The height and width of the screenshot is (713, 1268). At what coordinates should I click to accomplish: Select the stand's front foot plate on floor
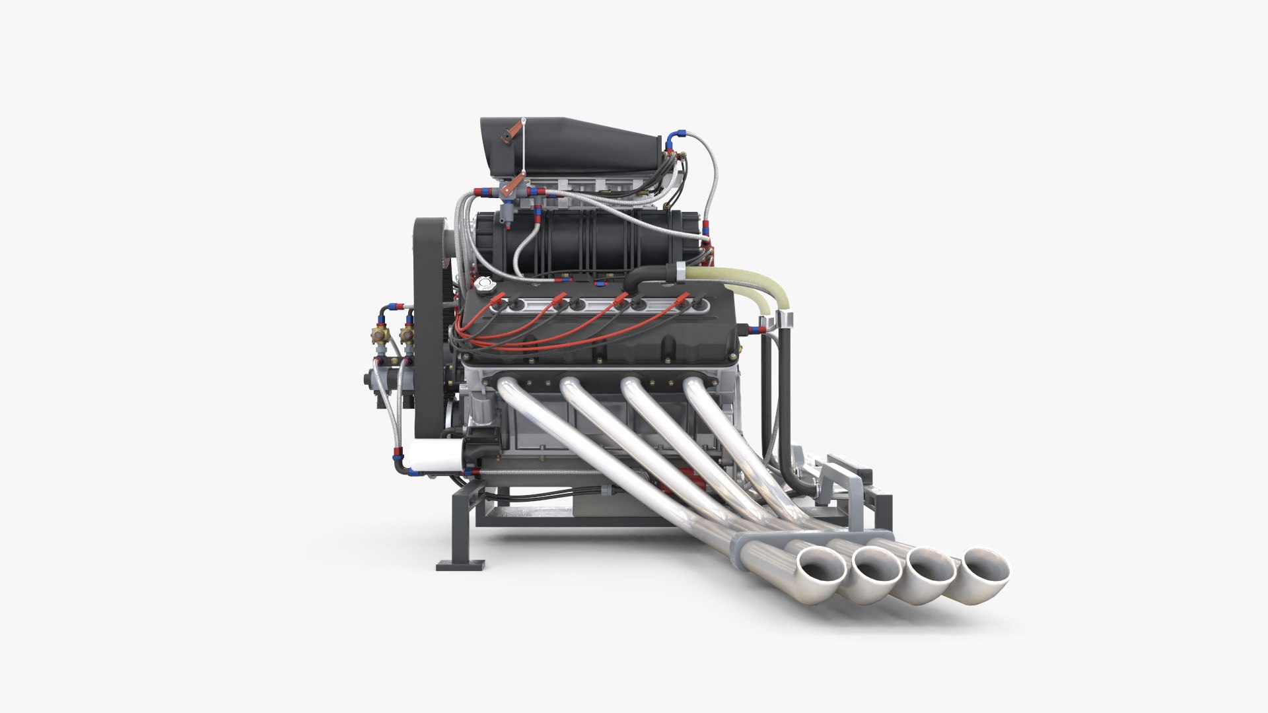click(460, 565)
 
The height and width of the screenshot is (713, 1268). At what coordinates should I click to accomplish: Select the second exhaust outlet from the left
click(876, 568)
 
